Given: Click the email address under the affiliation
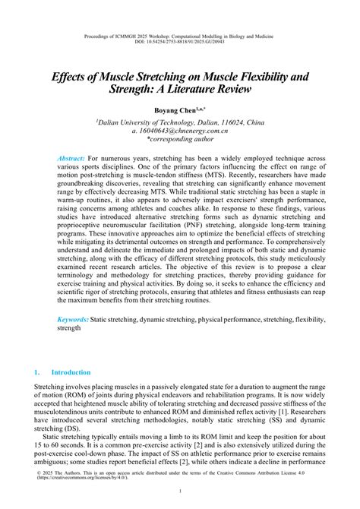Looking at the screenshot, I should coord(180,131).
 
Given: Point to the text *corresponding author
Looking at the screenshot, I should coord(180,141).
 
